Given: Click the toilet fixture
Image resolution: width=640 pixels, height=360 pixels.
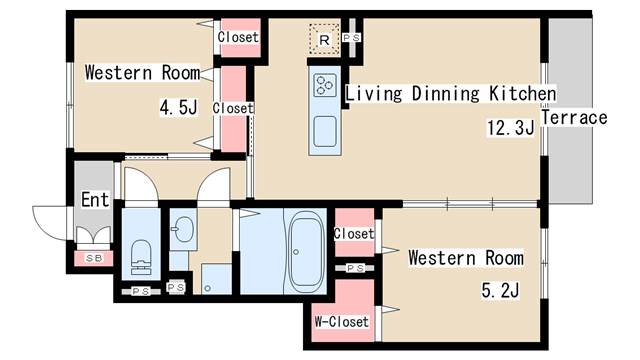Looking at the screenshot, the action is [x=141, y=256].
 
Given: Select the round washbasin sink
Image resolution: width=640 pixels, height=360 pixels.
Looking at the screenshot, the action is [x=183, y=229].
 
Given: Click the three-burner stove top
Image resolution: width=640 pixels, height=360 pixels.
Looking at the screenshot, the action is [x=325, y=85].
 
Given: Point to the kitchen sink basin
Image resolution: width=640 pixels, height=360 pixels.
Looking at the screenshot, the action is [x=325, y=131].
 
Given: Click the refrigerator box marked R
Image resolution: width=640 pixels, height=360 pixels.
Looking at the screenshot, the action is [x=324, y=39].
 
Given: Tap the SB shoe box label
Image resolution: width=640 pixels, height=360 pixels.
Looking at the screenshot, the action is [x=93, y=258].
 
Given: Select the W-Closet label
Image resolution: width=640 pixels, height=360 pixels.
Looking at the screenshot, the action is [x=342, y=322].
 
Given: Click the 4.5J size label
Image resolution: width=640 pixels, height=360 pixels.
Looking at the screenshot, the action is [x=179, y=108].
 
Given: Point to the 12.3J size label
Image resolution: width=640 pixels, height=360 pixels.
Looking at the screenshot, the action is [x=510, y=127].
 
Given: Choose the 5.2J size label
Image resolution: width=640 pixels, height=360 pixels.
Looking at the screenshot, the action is [x=500, y=291].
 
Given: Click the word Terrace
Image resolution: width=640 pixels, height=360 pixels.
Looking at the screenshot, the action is [x=574, y=118].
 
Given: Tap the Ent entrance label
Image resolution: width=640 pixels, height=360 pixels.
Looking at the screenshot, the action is [x=95, y=200].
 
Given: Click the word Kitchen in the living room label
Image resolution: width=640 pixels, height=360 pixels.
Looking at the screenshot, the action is [x=523, y=93].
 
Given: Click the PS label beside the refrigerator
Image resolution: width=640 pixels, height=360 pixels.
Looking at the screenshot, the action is [x=351, y=38].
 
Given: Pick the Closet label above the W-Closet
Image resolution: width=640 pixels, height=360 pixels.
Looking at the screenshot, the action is [x=354, y=233].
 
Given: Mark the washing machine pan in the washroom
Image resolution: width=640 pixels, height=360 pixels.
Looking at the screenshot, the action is [x=216, y=279].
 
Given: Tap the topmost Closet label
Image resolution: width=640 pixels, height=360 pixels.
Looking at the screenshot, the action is [x=238, y=37].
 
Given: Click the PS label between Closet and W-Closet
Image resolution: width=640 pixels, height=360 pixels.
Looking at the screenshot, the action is [x=355, y=268].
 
